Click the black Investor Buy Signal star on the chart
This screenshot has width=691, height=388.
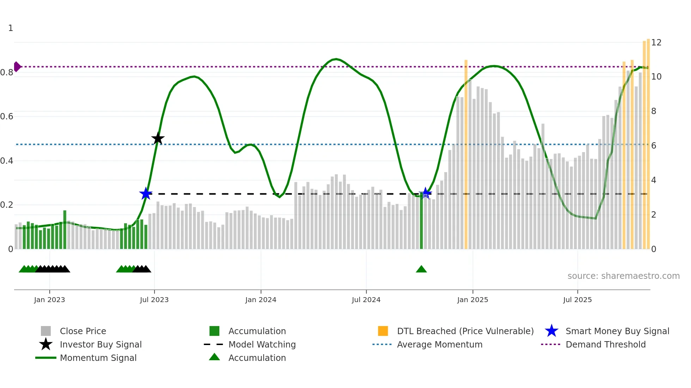158,138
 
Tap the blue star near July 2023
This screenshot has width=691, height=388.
146,193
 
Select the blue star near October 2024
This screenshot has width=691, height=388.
426,193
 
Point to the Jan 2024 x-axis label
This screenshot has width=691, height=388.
261,300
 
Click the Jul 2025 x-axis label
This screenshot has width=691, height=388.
577,300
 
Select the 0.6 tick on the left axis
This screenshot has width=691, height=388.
7,117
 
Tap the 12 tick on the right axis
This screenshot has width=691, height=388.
656,43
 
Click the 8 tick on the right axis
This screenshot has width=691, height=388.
654,111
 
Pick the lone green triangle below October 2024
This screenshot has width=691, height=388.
421,269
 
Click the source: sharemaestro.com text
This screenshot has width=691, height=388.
623,276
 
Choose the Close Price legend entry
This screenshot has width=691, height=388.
83,331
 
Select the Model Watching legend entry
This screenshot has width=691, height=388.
262,345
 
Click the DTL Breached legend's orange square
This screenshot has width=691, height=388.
383,331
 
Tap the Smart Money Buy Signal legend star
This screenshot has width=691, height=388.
551,331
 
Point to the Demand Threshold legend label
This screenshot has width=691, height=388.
605,345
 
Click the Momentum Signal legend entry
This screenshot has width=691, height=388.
98,358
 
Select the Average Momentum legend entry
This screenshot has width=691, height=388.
439,345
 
